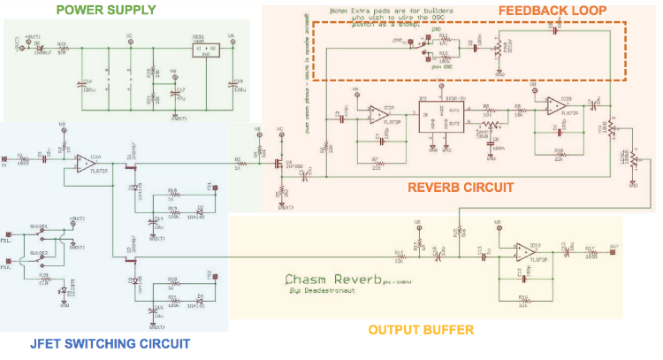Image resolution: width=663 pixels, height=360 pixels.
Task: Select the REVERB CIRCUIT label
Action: point(461,187)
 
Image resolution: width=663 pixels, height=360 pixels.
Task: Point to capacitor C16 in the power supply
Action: point(86,82)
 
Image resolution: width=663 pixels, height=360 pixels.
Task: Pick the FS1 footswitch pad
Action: point(8,238)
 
